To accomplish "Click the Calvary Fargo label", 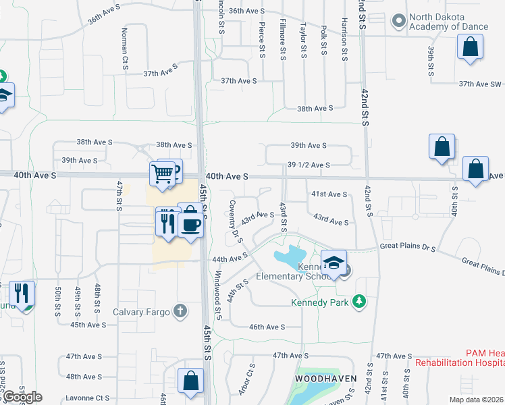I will [140, 311].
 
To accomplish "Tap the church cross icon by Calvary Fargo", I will [180, 311].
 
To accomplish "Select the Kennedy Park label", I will [320, 302].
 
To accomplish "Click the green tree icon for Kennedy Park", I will [361, 302].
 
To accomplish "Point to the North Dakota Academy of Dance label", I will [448, 22].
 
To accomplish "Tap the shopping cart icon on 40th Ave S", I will [163, 174].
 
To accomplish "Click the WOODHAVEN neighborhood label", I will [325, 379].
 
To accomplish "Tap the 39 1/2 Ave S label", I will [309, 165].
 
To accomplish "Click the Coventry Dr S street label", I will [235, 221].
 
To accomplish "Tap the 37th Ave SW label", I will [480, 84].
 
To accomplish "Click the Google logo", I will [22, 397].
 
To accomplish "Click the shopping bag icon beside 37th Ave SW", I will [470, 48].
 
